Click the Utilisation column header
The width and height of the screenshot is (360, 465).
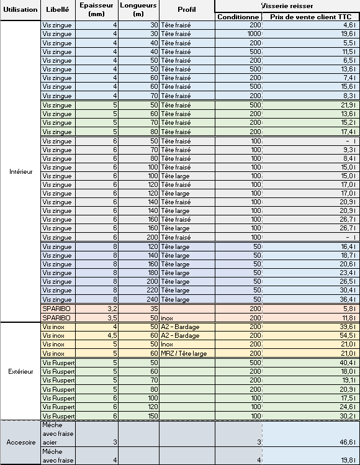click(20, 10)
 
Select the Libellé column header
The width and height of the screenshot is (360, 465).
click(58, 10)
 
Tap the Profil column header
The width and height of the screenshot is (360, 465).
click(186, 10)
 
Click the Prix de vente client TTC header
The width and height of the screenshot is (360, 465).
click(310, 17)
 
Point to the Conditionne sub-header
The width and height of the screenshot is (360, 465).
click(238, 17)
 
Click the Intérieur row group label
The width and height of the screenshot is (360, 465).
click(20, 171)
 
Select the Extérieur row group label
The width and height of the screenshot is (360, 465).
click(20, 371)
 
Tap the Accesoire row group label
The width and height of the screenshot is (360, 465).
click(20, 442)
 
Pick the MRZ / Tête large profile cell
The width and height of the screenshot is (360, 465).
click(186, 353)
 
